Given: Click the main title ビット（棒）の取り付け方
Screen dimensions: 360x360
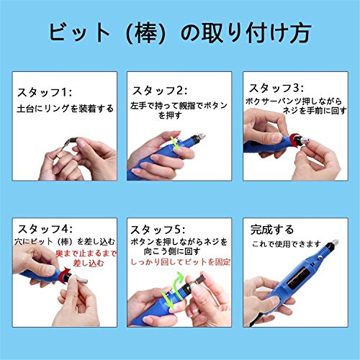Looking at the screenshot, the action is click(x=180, y=33).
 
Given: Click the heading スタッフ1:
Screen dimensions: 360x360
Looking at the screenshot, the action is click(x=45, y=92).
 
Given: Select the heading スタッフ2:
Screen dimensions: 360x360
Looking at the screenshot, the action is click(x=160, y=91).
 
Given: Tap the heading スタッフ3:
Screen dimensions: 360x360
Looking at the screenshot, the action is click(x=276, y=88).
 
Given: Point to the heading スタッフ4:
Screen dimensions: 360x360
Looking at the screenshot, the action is click(x=45, y=229).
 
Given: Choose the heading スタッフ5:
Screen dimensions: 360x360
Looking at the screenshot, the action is click(x=158, y=230).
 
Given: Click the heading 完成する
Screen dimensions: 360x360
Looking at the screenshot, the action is click(x=272, y=230).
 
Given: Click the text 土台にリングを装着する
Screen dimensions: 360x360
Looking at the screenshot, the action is click(x=65, y=109).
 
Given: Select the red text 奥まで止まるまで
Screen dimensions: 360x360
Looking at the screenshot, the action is click(x=86, y=253).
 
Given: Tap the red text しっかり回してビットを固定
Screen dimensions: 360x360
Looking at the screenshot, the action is click(x=181, y=262).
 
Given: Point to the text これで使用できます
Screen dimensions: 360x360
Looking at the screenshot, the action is click(x=287, y=244).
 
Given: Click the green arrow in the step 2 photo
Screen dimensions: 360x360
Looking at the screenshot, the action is click(x=176, y=143).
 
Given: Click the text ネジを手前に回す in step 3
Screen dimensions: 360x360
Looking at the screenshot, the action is click(x=315, y=111).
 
